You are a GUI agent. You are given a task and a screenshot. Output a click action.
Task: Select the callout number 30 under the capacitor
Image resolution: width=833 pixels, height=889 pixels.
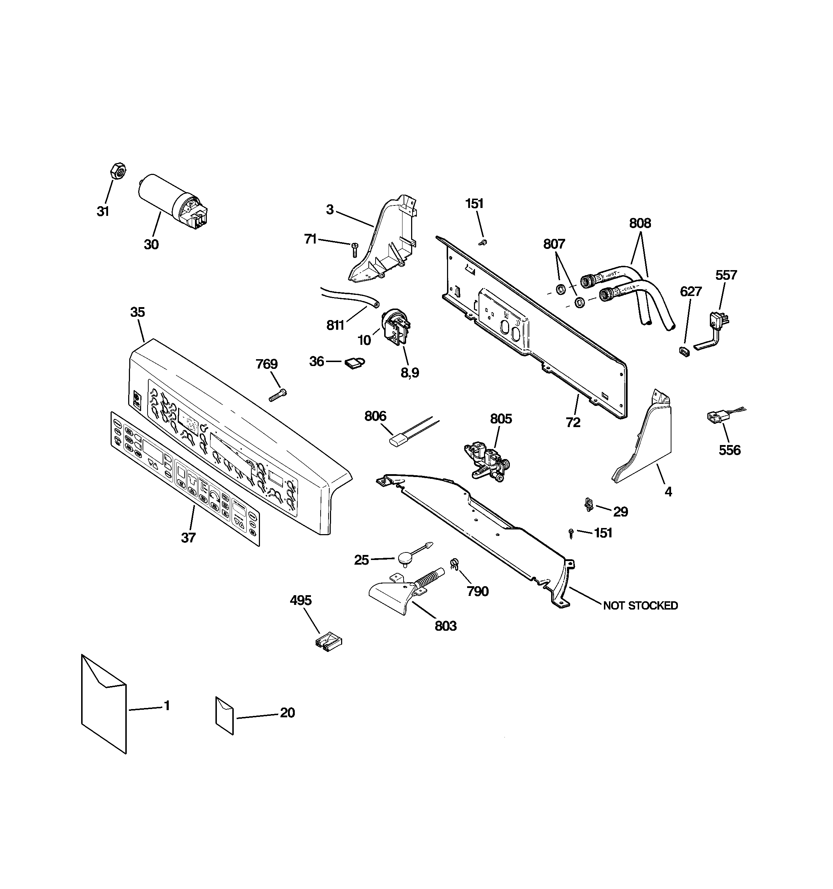pyautogui.click(x=151, y=244)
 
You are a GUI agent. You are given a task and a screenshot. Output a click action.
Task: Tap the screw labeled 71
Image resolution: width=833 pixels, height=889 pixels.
pyautogui.click(x=355, y=249)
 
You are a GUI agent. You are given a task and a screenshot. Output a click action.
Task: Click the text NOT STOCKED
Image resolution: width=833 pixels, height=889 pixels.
pyautogui.click(x=640, y=606)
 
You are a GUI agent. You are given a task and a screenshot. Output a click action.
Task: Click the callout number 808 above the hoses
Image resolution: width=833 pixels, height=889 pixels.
pyautogui.click(x=640, y=223)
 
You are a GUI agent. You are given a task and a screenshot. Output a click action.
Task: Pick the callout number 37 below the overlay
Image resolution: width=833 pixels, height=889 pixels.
pyautogui.click(x=188, y=537)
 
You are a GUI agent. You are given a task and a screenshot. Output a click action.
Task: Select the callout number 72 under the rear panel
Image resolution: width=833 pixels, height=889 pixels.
pyautogui.click(x=573, y=422)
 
